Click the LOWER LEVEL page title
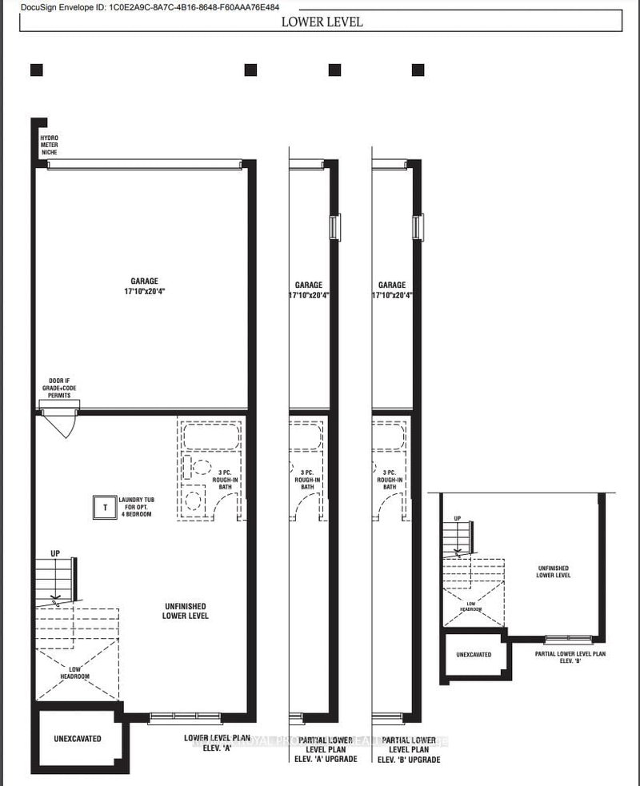coord(322,22)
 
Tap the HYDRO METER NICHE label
coord(50,146)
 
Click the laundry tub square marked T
coord(103,505)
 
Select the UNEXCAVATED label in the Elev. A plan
coord(78,738)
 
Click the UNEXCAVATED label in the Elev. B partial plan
coord(474,654)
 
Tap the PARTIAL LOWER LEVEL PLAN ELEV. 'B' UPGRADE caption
coord(408,749)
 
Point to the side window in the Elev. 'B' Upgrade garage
coord(417,227)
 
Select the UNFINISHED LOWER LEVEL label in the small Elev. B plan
coord(554,571)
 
